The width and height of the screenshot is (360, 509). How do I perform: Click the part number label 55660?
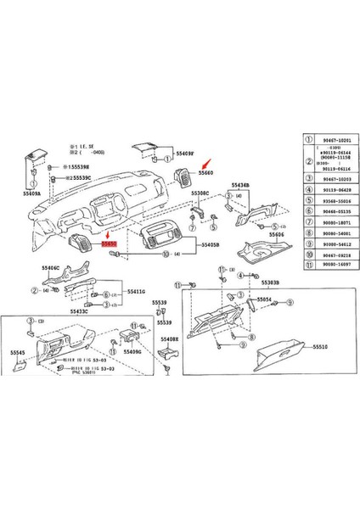coord(207,171)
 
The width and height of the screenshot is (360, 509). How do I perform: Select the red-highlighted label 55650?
coord(110,243)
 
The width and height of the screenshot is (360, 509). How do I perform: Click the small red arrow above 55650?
coord(109,232)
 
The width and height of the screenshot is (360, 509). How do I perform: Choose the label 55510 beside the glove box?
coord(320,346)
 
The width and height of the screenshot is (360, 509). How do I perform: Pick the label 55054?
coord(265,299)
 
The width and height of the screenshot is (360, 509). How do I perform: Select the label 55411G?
coord(137,291)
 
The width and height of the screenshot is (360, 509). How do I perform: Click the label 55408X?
coord(171,338)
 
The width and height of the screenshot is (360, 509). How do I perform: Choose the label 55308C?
coord(200,193)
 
